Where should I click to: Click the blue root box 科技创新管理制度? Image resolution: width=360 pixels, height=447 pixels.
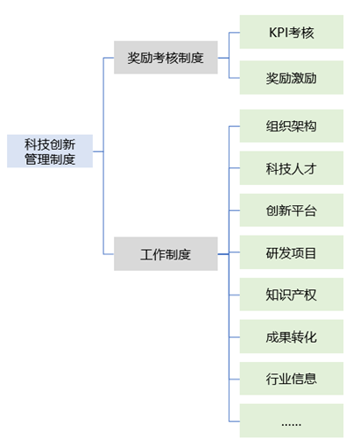[50, 151]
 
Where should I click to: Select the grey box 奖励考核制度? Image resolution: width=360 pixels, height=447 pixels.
[166, 57]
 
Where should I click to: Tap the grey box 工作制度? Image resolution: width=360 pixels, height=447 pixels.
[166, 253]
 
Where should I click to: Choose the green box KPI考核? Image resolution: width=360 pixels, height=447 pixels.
[292, 32]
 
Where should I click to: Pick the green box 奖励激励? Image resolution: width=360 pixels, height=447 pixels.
[292, 77]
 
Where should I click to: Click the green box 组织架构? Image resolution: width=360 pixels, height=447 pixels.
[292, 126]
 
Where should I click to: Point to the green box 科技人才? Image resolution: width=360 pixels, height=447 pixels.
[292, 168]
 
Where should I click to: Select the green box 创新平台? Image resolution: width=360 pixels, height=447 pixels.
[292, 210]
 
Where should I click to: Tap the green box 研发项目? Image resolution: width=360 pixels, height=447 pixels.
[292, 252]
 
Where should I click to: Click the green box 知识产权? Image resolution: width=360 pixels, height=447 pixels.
[292, 294]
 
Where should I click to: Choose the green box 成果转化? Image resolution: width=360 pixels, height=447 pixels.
[292, 337]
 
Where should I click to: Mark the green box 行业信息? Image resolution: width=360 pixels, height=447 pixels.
[292, 379]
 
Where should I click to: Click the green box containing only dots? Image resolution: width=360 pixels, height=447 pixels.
[292, 421]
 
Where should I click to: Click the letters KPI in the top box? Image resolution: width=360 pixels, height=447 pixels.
[279, 32]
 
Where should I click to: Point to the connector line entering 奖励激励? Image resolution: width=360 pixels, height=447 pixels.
[235, 78]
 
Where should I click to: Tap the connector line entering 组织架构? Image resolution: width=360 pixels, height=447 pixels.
[235, 126]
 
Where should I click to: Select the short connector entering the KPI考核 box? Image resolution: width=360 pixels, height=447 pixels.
[235, 32]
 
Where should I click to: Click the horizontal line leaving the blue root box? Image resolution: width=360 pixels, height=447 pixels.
[98, 152]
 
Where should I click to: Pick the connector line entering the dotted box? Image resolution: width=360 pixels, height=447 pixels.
[235, 422]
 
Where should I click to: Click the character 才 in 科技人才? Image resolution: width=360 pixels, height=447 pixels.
[310, 168]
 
